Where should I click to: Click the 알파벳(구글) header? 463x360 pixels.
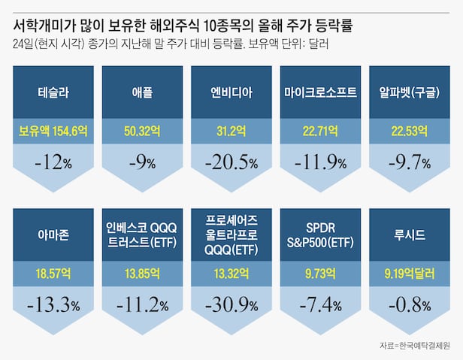click(x=410, y=94)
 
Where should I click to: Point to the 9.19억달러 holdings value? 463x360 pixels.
click(x=410, y=273)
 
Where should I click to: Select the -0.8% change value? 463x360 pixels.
click(x=410, y=305)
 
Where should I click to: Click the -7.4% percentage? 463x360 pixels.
click(x=321, y=305)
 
